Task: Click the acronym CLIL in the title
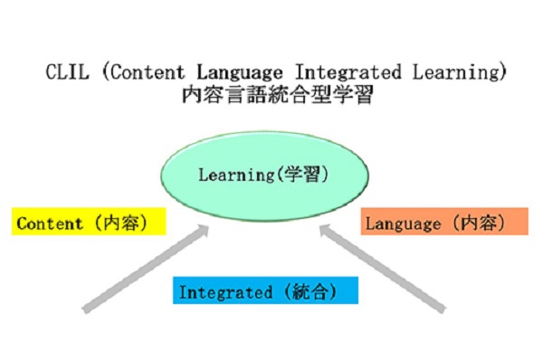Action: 62,70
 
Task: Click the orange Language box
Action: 444,223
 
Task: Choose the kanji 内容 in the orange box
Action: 483,223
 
